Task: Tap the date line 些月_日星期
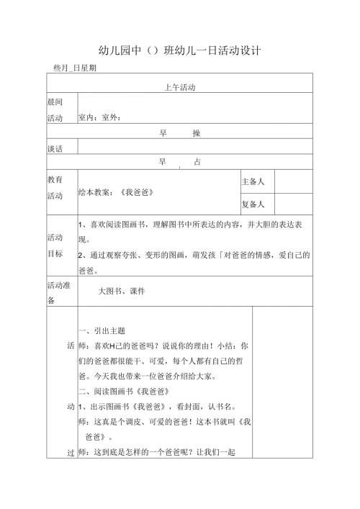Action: pyautogui.click(x=76, y=68)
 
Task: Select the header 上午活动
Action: pyautogui.click(x=179, y=86)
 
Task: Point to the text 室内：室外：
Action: pyautogui.click(x=102, y=117)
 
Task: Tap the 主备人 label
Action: pyautogui.click(x=253, y=182)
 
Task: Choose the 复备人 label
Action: pyautogui.click(x=253, y=204)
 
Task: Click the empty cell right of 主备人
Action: pyautogui.click(x=294, y=182)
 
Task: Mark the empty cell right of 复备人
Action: pyautogui.click(x=294, y=204)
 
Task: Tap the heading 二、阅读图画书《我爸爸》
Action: pyautogui.click(x=123, y=391)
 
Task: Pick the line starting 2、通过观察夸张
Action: pyautogui.click(x=194, y=255)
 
